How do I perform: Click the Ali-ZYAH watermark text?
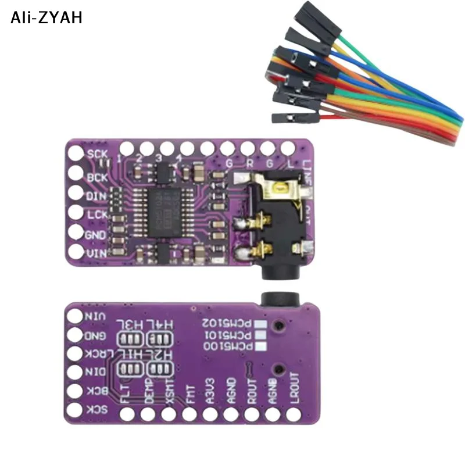[x=46, y=17]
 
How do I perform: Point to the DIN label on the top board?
[x=96, y=197]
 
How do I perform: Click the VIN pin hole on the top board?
[x=76, y=253]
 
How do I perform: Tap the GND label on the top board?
[x=96, y=235]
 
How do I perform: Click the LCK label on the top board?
[x=96, y=216]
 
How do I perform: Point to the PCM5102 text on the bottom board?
[x=228, y=323]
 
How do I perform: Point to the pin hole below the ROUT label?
[x=252, y=414]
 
